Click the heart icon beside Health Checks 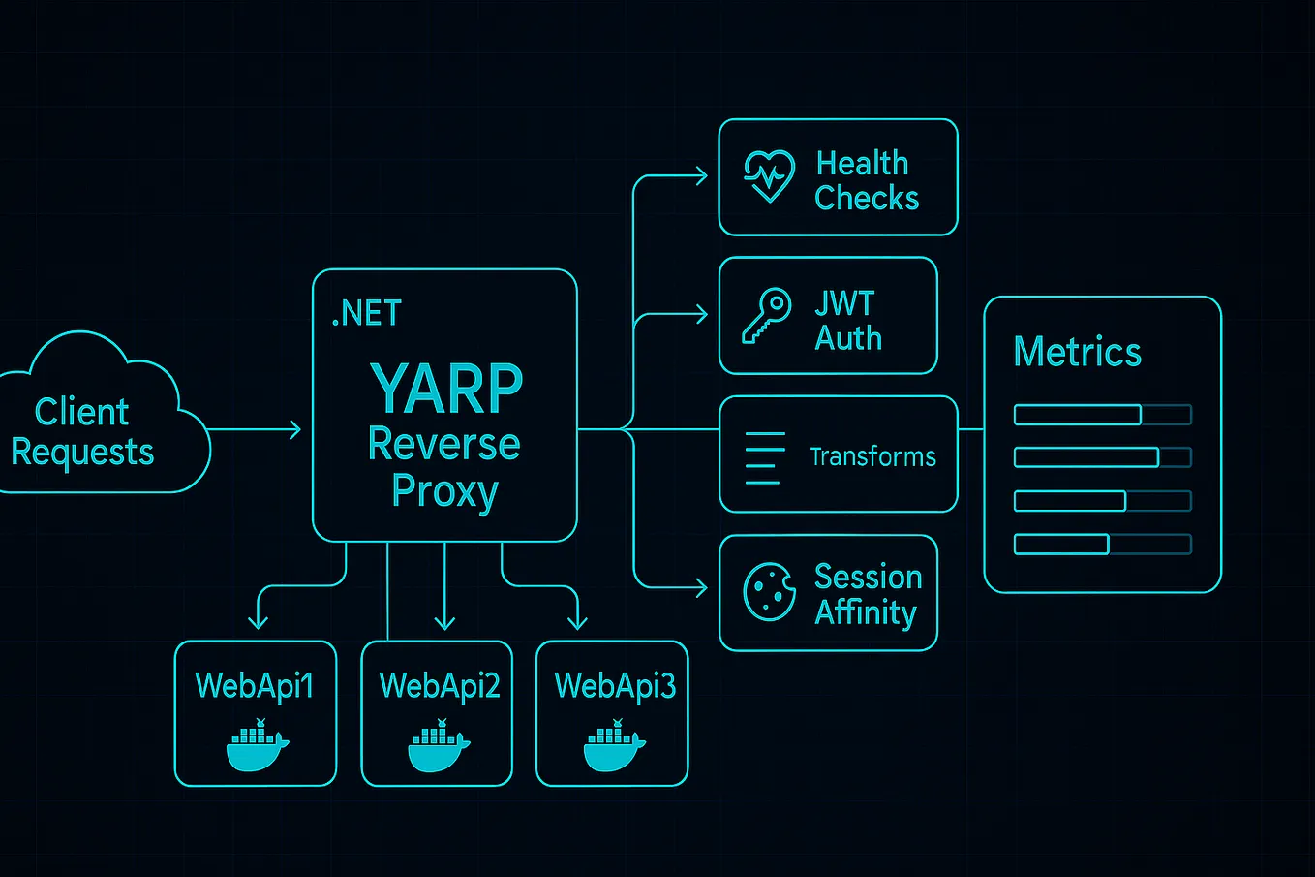(769, 175)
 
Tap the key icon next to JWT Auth (766, 315)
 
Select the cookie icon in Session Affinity (769, 591)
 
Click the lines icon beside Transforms (765, 457)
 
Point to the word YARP (446, 389)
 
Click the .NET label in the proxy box (366, 314)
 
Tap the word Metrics (1077, 352)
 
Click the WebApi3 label (614, 686)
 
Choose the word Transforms (872, 457)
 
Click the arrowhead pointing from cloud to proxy (294, 428)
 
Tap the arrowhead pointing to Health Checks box (701, 176)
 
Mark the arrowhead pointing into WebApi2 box (444, 622)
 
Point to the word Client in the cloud (81, 412)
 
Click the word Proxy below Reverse (444, 491)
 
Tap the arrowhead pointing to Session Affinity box (701, 587)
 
